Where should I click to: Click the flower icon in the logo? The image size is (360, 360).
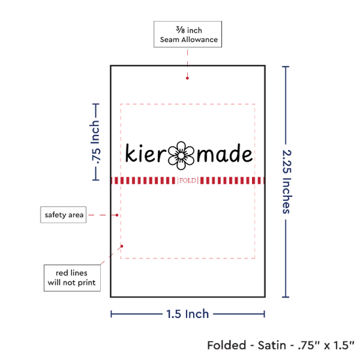pyautogui.click(x=181, y=155)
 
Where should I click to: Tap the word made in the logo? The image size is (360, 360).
pyautogui.click(x=225, y=153)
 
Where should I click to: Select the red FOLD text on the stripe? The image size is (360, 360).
pyautogui.click(x=188, y=181)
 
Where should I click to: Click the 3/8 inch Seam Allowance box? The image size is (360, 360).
pyautogui.click(x=188, y=34)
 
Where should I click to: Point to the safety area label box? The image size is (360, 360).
pyautogui.click(x=63, y=215)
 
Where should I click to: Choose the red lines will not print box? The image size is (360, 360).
pyautogui.click(x=72, y=278)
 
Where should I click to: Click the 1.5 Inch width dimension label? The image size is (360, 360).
pyautogui.click(x=188, y=314)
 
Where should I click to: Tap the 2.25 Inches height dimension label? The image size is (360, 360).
pyautogui.click(x=287, y=181)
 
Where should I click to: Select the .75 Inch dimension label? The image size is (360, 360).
pyautogui.click(x=96, y=142)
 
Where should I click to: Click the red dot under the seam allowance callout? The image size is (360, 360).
pyautogui.click(x=187, y=79)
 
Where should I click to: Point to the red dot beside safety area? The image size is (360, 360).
pyautogui.click(x=117, y=215)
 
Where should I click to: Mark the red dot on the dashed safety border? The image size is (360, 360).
pyautogui.click(x=122, y=246)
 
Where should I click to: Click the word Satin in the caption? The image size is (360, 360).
pyautogui.click(x=272, y=345)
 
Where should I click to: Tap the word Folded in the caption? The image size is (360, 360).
pyautogui.click(x=226, y=345)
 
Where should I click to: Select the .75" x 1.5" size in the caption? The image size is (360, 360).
pyautogui.click(x=326, y=345)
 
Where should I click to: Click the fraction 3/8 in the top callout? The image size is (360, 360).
pyautogui.click(x=180, y=29)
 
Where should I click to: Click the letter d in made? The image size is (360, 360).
pyautogui.click(x=232, y=153)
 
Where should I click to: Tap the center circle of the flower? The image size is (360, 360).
pyautogui.click(x=181, y=156)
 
